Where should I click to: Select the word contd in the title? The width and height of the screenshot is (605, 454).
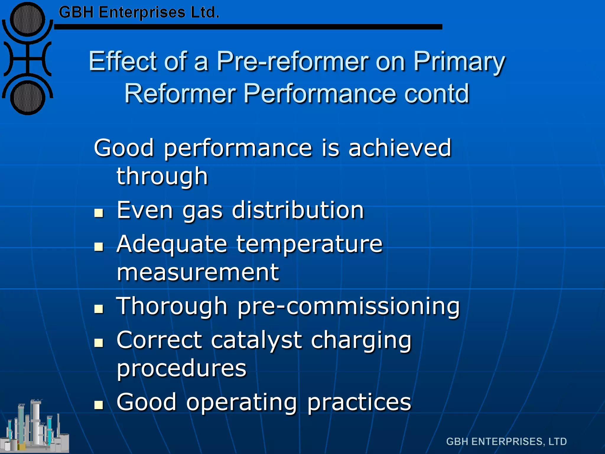point(436,93)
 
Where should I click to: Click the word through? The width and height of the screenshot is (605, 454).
point(162,176)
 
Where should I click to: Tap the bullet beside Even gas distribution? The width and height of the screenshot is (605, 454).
point(99,213)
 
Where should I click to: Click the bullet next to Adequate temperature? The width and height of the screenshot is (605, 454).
point(99,247)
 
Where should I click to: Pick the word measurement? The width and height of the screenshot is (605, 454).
point(198,272)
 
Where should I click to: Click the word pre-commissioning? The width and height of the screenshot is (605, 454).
point(349,306)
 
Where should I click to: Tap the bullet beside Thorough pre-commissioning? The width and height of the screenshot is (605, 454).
point(99,309)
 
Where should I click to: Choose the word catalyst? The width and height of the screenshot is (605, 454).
point(256,340)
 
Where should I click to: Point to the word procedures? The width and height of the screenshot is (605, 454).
point(181,368)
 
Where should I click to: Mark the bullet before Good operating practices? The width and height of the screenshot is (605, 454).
point(99,405)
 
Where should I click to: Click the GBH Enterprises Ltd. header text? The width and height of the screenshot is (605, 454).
point(139,12)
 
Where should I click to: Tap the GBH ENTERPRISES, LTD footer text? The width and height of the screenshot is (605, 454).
point(506,442)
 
